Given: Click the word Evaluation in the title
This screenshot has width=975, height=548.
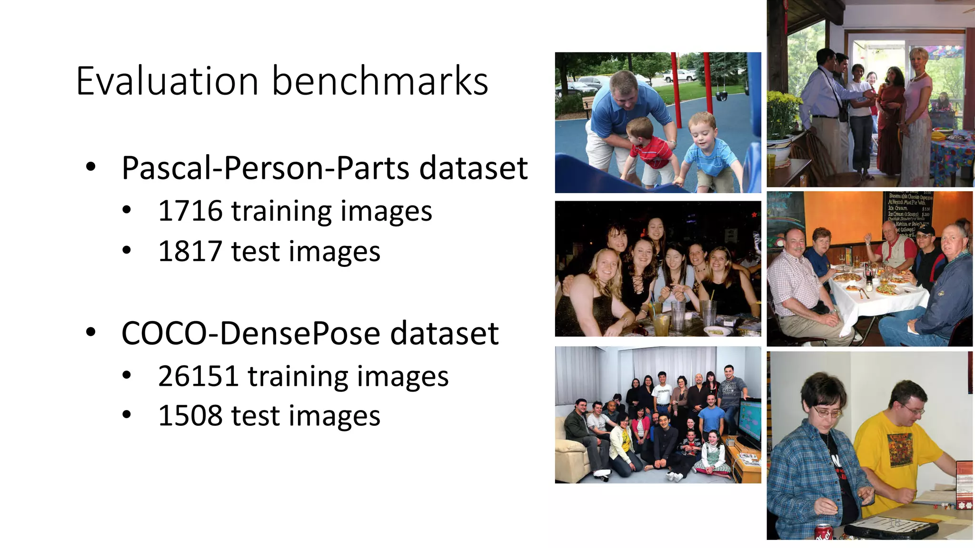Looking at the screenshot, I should click(167, 81).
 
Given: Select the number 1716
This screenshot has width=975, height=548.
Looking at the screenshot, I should click(190, 211).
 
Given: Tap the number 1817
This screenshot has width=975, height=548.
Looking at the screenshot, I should click(190, 251).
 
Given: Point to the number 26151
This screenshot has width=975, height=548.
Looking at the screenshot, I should click(198, 376).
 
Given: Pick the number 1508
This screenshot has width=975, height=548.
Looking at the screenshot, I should click(190, 416).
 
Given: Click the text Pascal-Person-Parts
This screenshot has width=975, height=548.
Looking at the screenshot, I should click(265, 168).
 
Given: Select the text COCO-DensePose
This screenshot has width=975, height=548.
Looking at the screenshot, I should click(250, 333).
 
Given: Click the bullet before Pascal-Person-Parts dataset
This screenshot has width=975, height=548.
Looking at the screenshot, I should click(90, 167).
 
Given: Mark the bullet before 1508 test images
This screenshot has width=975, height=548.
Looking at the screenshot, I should click(126, 415).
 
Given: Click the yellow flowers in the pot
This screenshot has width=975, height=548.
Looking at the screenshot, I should click(781, 112).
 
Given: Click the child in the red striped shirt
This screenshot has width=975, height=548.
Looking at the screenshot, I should click(647, 147).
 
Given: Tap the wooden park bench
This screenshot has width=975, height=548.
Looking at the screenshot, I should click(588, 106).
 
